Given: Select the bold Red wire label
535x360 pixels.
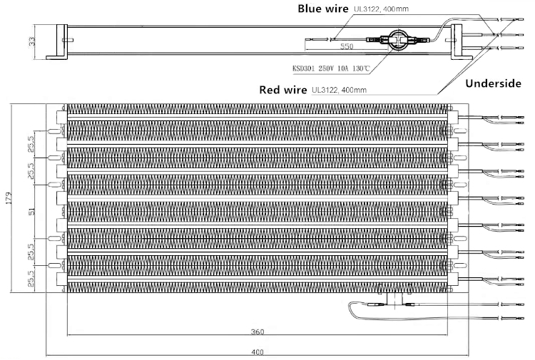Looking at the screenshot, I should click(x=284, y=90).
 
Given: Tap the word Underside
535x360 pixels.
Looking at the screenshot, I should click(x=494, y=83).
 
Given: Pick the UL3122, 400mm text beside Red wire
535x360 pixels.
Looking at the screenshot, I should click(x=339, y=91).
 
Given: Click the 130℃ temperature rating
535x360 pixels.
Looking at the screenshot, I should click(x=360, y=68).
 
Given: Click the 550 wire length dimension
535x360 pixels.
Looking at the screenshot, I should click(x=347, y=46).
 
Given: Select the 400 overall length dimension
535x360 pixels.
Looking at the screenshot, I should click(x=257, y=351).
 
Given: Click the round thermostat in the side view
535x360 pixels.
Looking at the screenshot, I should click(x=396, y=40).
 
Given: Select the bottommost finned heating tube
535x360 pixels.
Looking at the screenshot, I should click(x=257, y=286).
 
